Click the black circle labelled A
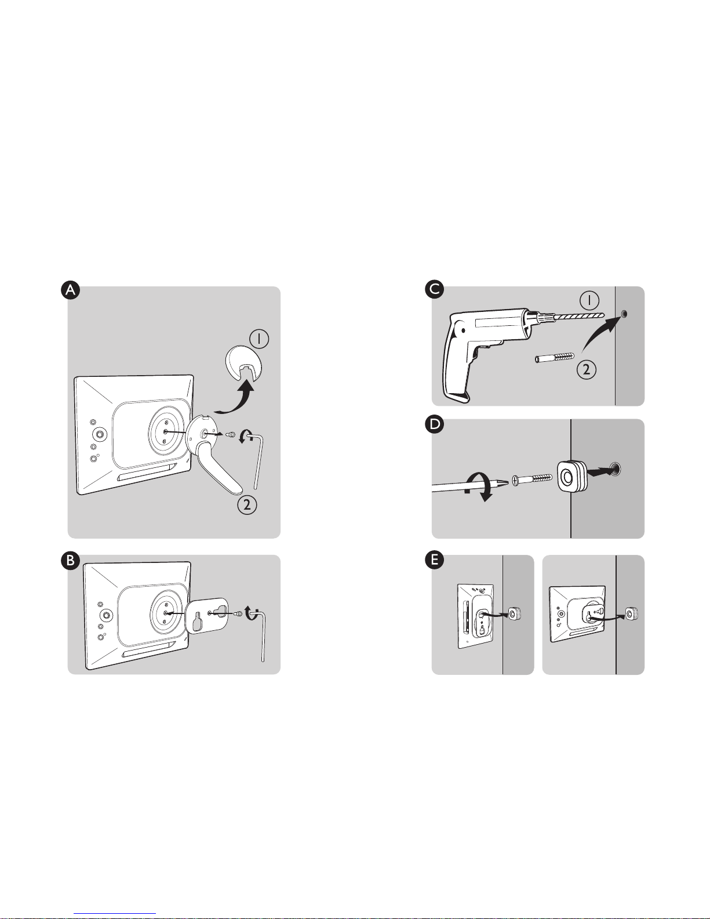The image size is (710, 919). click(x=71, y=290)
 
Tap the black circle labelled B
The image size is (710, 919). click(x=71, y=560)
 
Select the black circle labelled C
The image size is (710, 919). click(x=435, y=289)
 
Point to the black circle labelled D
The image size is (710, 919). click(x=435, y=424)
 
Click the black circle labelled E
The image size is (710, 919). click(x=435, y=560)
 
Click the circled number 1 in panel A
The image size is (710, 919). click(x=259, y=339)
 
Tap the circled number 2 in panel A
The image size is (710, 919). click(x=247, y=504)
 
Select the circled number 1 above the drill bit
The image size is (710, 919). click(x=589, y=301)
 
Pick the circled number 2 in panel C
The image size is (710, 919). click(x=586, y=369)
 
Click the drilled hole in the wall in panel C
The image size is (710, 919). click(x=624, y=314)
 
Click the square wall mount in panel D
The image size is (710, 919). click(x=570, y=476)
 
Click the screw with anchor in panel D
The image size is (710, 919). click(x=532, y=480)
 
